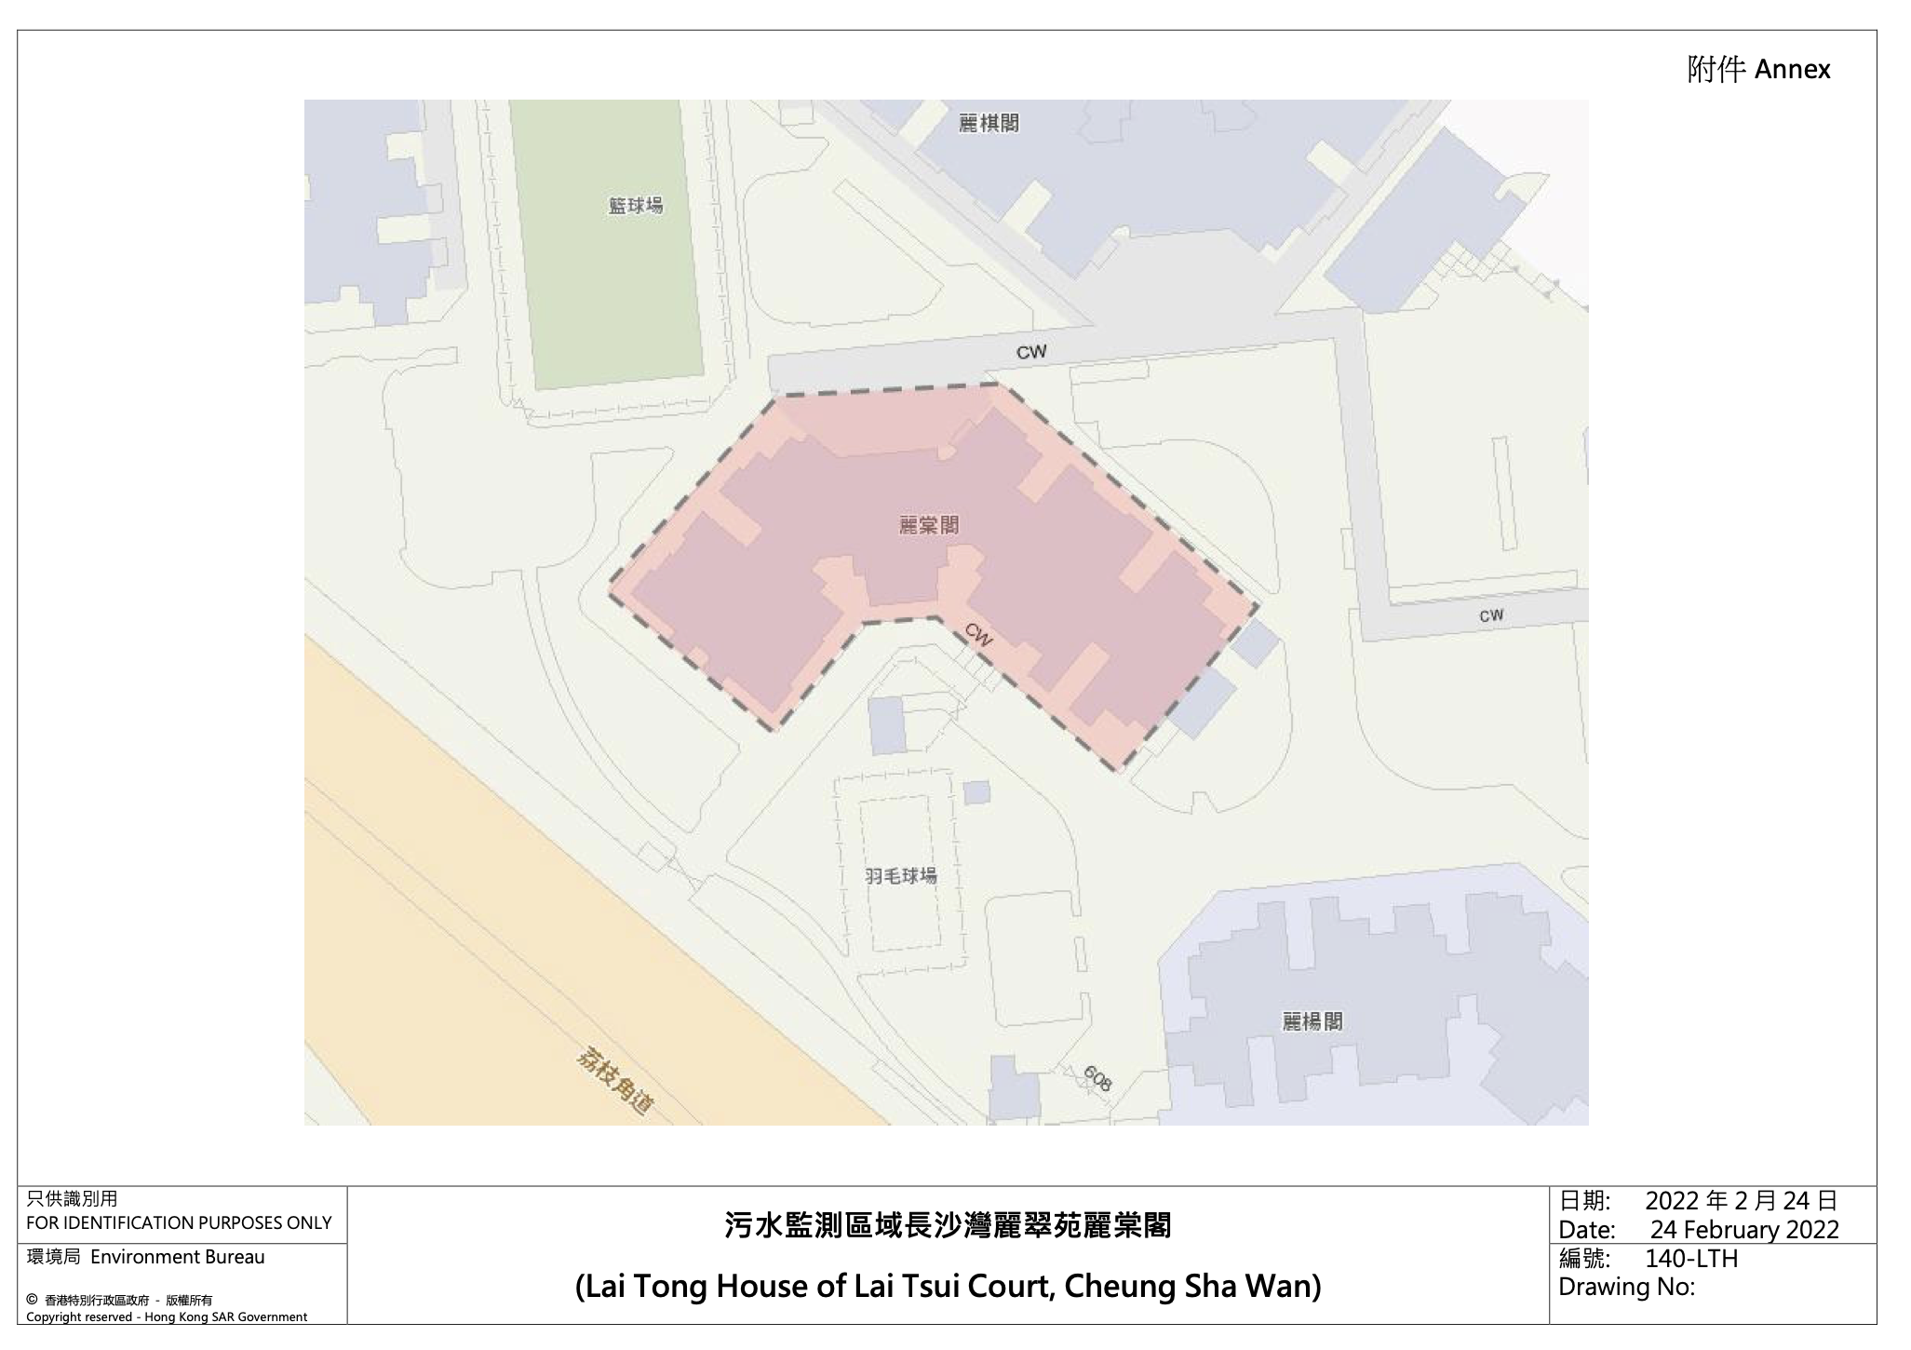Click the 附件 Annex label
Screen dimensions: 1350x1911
coord(1757,70)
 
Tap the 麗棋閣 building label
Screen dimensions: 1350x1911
coord(989,123)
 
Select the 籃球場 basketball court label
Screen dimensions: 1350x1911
coord(636,205)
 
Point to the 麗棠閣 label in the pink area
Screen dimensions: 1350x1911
coord(928,526)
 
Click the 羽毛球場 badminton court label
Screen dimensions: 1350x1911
coord(900,876)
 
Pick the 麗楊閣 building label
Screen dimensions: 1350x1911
coord(1312,1021)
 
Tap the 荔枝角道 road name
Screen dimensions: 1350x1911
coord(615,1082)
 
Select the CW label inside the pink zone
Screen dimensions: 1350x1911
coord(978,635)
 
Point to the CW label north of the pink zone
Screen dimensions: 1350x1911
coord(1030,352)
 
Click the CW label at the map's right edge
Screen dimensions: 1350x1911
coord(1490,615)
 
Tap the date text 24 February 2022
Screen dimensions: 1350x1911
coord(1744,1230)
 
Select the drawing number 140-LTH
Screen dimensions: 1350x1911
coord(1690,1259)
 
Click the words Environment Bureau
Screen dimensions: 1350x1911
coord(177,1257)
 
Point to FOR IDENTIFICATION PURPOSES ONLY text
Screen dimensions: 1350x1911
coord(179,1222)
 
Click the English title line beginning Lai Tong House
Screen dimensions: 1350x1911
coord(948,1286)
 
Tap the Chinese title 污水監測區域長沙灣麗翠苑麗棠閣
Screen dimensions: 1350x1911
coord(948,1225)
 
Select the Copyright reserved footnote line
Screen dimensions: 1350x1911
coord(167,1316)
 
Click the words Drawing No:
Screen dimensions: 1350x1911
coord(1626,1287)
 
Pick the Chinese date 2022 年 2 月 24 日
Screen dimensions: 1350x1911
coord(1741,1201)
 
